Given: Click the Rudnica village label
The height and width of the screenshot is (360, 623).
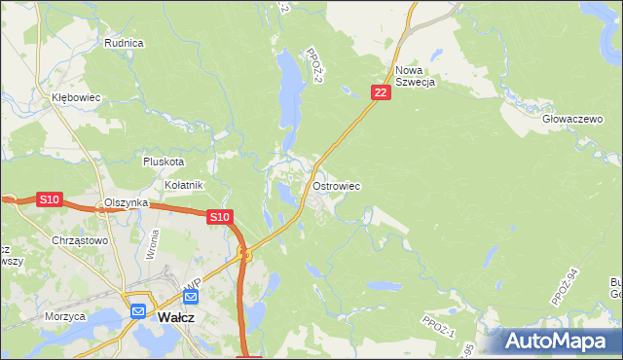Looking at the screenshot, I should [x=124, y=43].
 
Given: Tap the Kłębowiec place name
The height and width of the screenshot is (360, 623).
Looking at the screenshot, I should [x=77, y=98].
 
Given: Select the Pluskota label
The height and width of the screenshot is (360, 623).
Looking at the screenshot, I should [x=163, y=162].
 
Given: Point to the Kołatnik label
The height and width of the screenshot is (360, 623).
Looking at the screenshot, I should [x=183, y=185].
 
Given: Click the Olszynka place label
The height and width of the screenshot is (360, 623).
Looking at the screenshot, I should [x=126, y=202].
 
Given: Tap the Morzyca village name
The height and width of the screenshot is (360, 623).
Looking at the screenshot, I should [x=65, y=316].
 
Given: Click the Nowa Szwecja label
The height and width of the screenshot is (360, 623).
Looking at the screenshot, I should [x=415, y=76].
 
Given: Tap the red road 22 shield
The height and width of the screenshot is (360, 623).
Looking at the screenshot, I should [x=381, y=92].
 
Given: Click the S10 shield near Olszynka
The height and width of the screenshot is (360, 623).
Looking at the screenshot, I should [x=50, y=199].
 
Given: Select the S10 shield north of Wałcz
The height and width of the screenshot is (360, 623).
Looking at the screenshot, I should [x=220, y=218].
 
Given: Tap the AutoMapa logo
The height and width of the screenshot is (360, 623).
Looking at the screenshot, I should [x=560, y=341].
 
